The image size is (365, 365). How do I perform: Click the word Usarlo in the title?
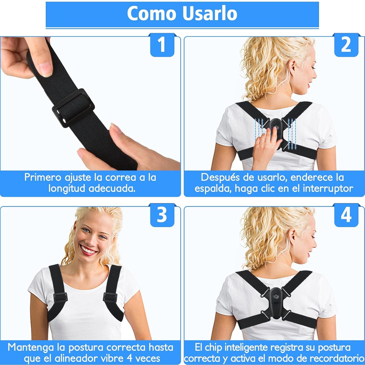[209, 13]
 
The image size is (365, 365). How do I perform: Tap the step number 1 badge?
[162, 45]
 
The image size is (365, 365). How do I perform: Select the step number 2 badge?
[346, 45]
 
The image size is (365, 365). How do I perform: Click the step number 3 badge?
[162, 215]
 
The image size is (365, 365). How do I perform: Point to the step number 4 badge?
[346, 215]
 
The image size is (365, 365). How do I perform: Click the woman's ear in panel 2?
[293, 67]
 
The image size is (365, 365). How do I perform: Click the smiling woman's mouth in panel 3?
[88, 250]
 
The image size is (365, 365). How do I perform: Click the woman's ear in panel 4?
[293, 236]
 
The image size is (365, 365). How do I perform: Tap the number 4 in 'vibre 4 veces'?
[129, 358]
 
